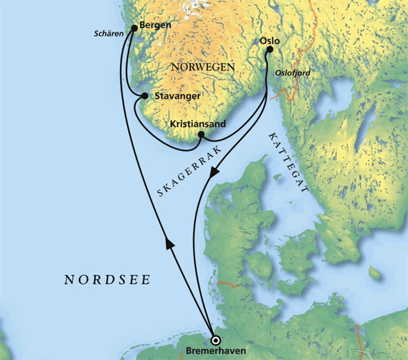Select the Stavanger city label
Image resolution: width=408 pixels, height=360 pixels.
tap(177, 96)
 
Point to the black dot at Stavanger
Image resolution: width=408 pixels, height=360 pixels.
tap(145, 96)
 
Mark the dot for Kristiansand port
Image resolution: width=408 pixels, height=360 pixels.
tap(200, 135)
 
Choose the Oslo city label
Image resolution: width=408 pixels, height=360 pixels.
tap(269, 40)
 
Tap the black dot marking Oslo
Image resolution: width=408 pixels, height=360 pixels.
tap(269, 49)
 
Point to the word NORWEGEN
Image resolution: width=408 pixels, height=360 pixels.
tap(203, 67)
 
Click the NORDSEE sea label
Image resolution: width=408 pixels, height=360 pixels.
tap(107, 280)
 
